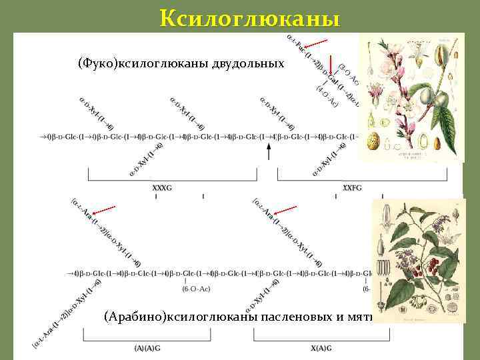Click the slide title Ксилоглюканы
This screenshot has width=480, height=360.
point(249,17)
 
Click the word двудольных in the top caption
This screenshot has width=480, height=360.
point(248,64)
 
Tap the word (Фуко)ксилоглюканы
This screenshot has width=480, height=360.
point(144,64)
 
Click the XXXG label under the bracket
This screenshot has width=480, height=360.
point(162,188)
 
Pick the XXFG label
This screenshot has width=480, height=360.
point(353,188)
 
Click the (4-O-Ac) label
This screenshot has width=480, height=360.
point(327,94)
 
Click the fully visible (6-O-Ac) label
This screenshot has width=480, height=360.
point(194,288)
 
